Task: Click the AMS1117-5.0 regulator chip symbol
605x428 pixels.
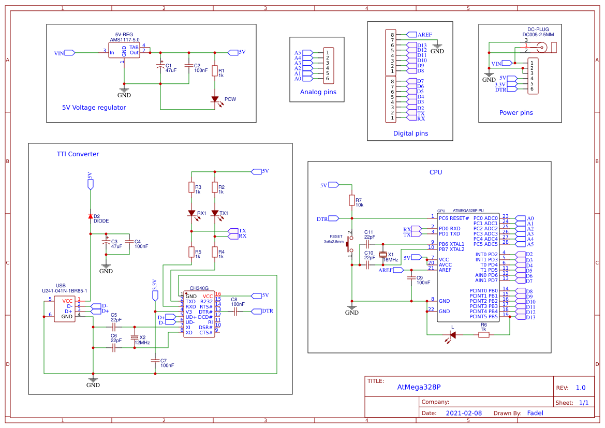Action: [x=124, y=51]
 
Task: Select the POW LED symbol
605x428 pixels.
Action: [x=215, y=99]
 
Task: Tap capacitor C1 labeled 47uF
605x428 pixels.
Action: [x=160, y=67]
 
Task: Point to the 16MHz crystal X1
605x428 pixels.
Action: [x=382, y=254]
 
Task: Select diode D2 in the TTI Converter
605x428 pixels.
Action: [x=90, y=216]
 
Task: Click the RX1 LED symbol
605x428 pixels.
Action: [x=191, y=213]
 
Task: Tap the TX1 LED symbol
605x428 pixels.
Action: [x=215, y=213]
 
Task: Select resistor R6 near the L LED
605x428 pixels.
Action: [x=483, y=335]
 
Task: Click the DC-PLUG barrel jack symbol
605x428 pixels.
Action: [x=541, y=48]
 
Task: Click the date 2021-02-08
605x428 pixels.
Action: [x=464, y=413]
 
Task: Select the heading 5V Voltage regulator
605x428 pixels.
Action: [x=94, y=108]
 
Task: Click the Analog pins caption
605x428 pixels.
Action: [x=318, y=92]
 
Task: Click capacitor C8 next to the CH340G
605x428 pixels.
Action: [x=235, y=312]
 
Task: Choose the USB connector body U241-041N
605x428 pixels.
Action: [x=67, y=308]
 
